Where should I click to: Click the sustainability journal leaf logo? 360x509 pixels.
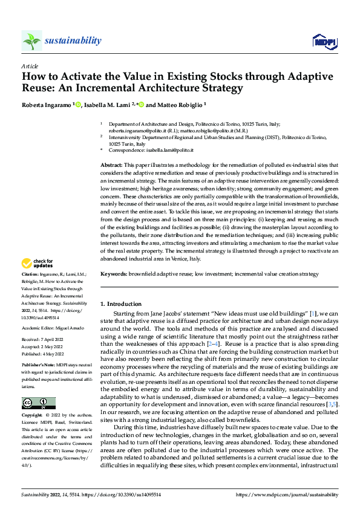pos(31,41)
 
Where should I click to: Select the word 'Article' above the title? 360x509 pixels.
pos(30,66)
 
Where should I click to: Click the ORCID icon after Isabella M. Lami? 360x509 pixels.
pos(141,105)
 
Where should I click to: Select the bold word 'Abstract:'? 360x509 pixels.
pos(112,165)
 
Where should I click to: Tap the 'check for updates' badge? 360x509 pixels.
pos(36,263)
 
